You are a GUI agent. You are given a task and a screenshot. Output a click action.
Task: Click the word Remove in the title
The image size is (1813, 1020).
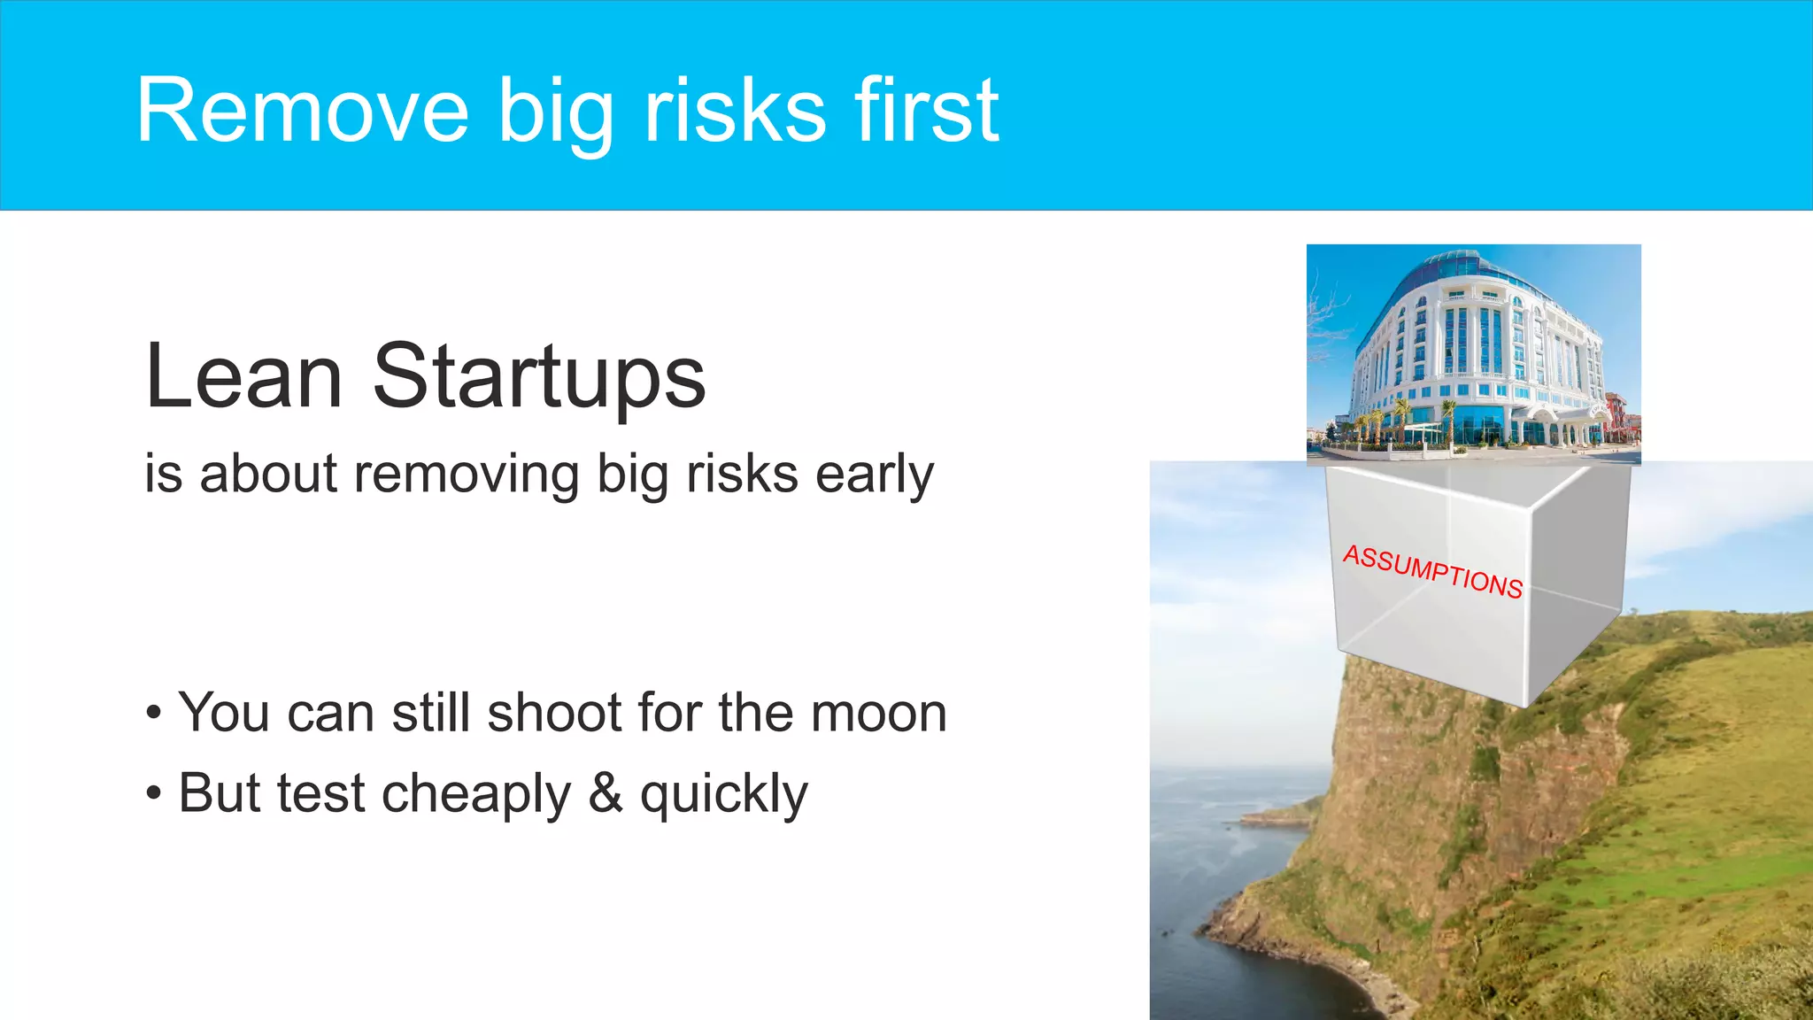pyautogui.click(x=302, y=111)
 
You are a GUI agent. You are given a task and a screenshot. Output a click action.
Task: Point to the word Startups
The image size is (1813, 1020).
pyautogui.click(x=539, y=378)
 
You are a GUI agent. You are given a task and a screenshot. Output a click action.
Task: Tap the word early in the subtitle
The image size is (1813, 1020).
pyautogui.click(x=874, y=475)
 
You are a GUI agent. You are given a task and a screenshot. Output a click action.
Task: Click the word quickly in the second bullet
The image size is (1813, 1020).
pyautogui.click(x=723, y=794)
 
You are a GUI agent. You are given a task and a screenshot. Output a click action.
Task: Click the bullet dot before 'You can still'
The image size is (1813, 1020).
pyautogui.click(x=154, y=714)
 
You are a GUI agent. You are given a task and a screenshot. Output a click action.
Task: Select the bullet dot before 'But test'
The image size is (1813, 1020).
pyautogui.click(x=154, y=793)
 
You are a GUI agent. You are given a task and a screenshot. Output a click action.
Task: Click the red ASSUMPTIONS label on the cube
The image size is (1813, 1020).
pyautogui.click(x=1432, y=572)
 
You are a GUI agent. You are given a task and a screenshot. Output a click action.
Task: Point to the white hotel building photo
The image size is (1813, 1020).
pyautogui.click(x=1473, y=354)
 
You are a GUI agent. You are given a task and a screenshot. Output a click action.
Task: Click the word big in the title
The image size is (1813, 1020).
pyautogui.click(x=555, y=112)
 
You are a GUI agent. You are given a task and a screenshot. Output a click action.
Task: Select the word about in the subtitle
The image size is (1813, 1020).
pyautogui.click(x=268, y=475)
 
